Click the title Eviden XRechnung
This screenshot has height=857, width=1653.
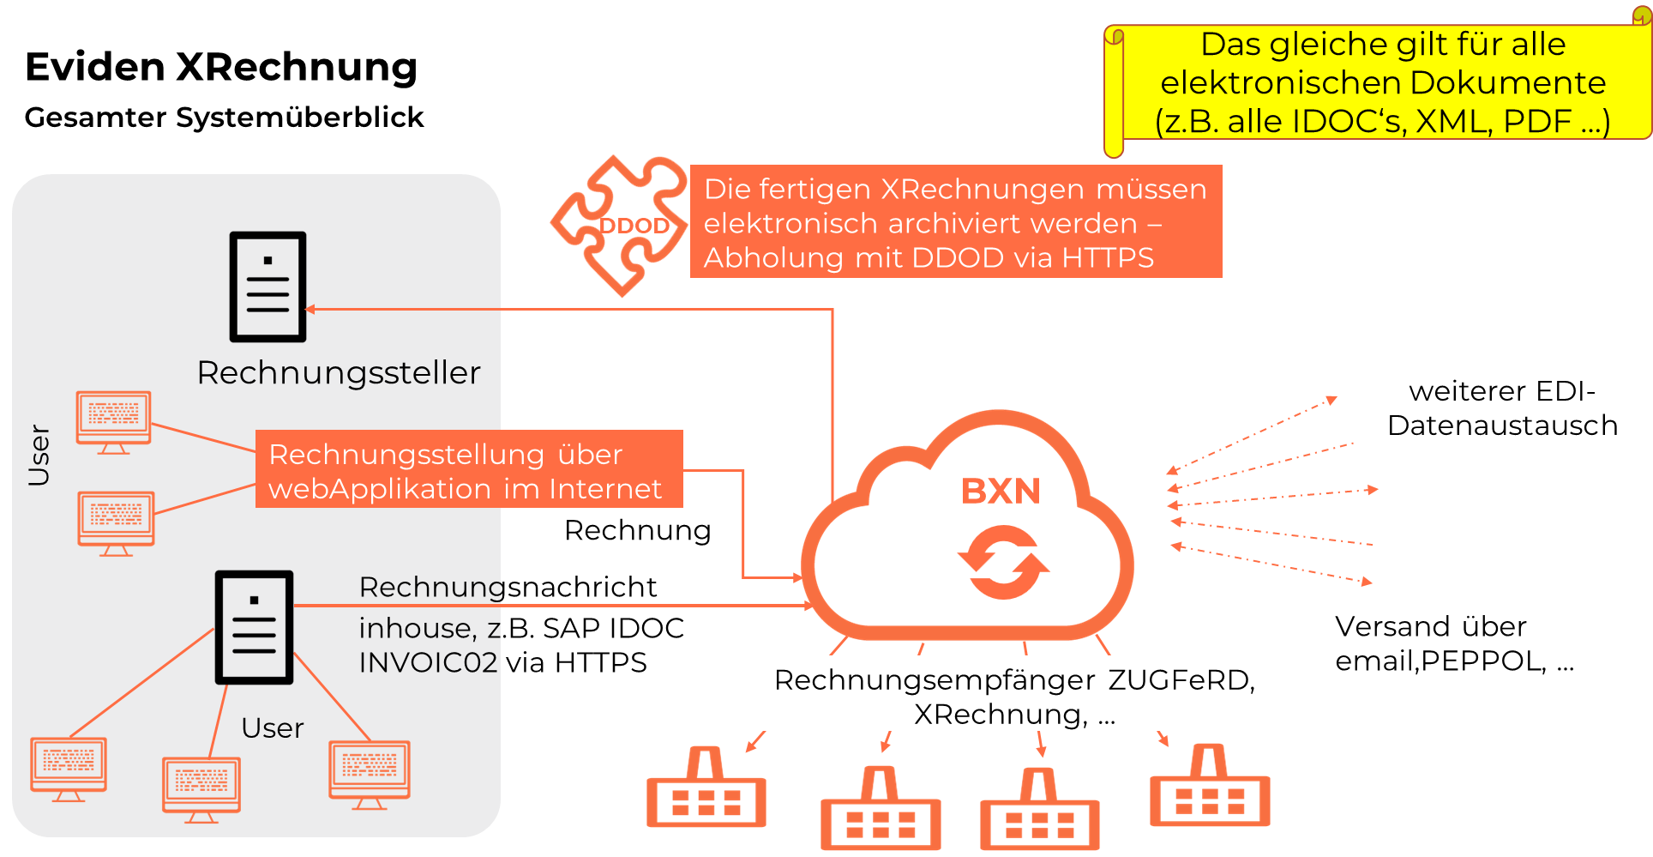click(x=221, y=67)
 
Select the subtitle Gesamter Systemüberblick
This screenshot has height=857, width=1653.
click(x=224, y=117)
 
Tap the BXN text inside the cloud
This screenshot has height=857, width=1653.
click(x=1001, y=492)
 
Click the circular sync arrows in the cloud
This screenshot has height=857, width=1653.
click(x=1003, y=562)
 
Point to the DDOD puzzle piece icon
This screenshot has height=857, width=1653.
click(x=620, y=226)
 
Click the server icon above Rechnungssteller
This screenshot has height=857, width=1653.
click(x=267, y=287)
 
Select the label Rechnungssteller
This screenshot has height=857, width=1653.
click(x=339, y=373)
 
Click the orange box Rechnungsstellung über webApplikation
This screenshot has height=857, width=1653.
click(x=469, y=470)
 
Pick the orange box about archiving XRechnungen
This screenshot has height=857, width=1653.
click(x=955, y=222)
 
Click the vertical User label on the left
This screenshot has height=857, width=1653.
click(x=39, y=455)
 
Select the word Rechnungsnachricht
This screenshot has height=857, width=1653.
click(x=508, y=587)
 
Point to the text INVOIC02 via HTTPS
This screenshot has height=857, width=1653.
click(x=502, y=662)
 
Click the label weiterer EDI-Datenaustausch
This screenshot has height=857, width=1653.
click(x=1502, y=408)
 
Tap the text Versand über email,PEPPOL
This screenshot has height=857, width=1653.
click(x=1454, y=643)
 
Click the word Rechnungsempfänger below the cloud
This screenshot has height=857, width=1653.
click(x=935, y=680)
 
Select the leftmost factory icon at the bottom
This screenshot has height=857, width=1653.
click(x=706, y=789)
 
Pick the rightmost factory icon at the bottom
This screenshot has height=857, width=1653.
click(x=1209, y=788)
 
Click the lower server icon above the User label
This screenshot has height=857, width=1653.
click(x=254, y=627)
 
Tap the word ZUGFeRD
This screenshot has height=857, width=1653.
click(x=1181, y=680)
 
